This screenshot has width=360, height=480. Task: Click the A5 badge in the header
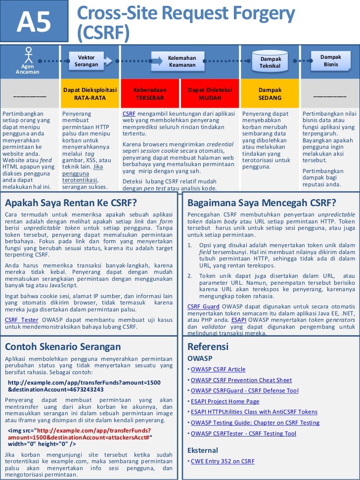pos(35,22)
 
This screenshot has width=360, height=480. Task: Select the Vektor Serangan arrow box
pos(86,61)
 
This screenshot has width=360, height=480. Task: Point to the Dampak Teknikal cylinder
pos(270,62)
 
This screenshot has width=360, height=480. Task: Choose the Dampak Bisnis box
pos(330,61)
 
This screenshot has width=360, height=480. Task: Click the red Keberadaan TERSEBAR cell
pos(150,94)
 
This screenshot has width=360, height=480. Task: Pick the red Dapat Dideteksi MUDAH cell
pos(210,94)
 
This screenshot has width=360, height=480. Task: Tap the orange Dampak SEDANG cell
pos(270,94)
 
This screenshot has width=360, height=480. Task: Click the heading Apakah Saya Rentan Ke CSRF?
pos(71,203)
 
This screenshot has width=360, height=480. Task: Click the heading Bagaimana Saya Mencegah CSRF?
pos(262,203)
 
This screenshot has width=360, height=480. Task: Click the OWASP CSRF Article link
pos(218,369)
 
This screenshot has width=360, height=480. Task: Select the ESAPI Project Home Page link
pos(225,401)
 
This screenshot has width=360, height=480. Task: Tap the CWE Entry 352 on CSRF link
pos(223,461)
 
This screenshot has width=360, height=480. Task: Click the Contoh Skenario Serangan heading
pos(63,347)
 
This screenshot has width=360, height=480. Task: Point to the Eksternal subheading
pos(203,450)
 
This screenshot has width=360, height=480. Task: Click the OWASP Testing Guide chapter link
pos(255,423)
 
